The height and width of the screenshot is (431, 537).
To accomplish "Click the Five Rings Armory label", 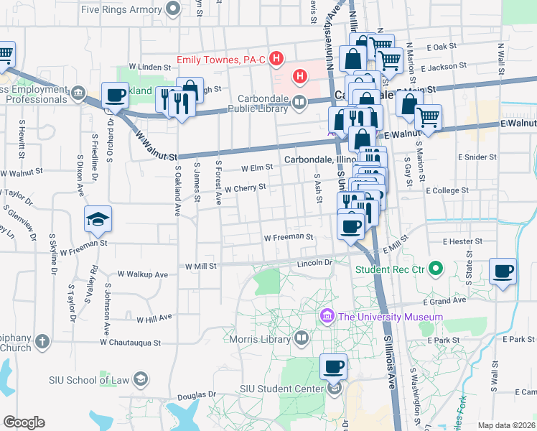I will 121,9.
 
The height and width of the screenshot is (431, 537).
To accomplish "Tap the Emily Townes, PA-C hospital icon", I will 276,58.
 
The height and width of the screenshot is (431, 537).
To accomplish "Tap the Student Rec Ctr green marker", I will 434,269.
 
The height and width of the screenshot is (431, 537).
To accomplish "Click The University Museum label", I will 391,316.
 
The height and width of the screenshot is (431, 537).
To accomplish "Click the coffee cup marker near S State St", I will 503,272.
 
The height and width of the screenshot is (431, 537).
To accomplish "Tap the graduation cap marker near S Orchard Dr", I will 98,219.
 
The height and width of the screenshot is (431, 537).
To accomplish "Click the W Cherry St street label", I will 245,187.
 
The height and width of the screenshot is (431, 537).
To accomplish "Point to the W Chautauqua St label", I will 131,342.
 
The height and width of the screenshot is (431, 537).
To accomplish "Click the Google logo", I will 24,422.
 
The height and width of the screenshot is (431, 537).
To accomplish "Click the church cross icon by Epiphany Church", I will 42,340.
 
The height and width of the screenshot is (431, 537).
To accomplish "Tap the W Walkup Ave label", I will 142,274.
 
